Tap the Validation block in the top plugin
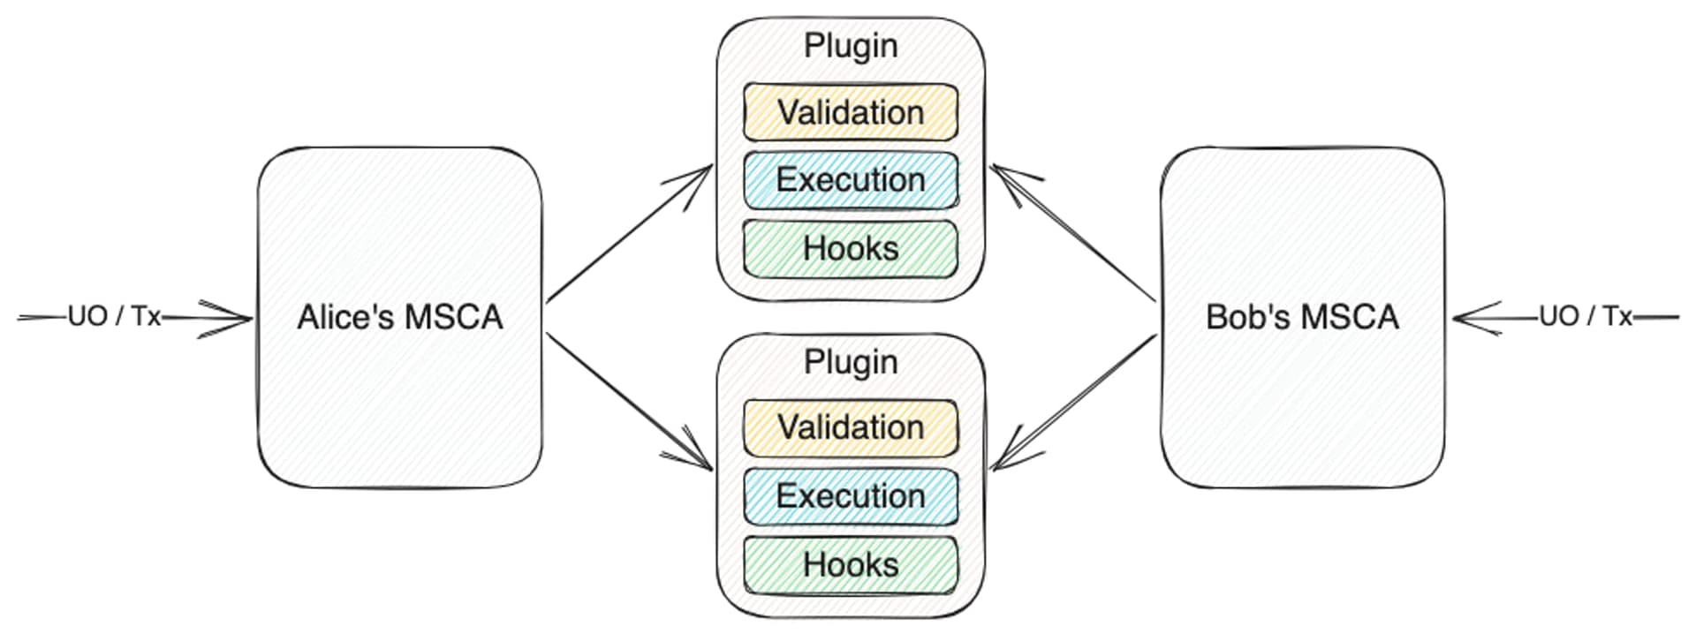(850, 112)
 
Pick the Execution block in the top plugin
(850, 180)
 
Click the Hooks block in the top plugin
(850, 248)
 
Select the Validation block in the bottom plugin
(850, 427)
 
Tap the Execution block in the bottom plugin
(850, 495)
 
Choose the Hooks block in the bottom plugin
(850, 564)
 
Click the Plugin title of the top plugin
(850, 46)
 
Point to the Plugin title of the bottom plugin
(850, 362)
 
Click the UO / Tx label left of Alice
(114, 316)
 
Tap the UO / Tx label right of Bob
(1585, 316)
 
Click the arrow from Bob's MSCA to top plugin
(1073, 233)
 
